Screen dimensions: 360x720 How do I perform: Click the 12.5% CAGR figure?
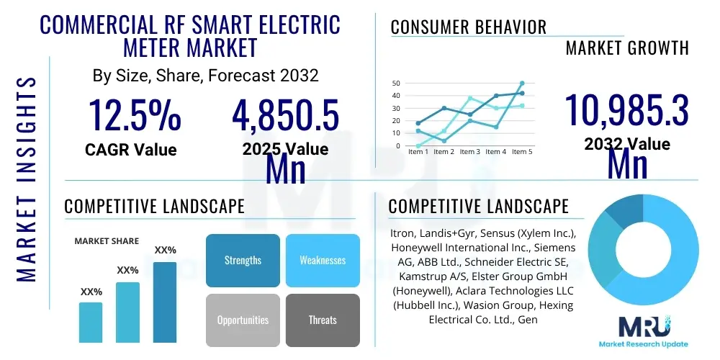pos(135,115)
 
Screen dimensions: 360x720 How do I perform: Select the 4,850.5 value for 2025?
pos(285,115)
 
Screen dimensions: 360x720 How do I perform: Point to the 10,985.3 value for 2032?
pos(626,112)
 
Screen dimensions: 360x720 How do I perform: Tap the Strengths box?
pos(243,260)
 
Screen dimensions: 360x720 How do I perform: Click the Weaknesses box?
pos(323,260)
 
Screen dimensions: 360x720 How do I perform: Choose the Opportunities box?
pos(243,320)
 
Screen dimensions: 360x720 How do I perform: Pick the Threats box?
pos(323,320)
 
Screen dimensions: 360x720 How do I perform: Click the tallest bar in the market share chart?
pos(165,302)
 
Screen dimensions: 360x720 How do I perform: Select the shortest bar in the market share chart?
pos(91,322)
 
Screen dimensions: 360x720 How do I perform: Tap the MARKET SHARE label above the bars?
pos(107,241)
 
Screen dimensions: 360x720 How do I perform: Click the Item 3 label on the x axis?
pos(470,152)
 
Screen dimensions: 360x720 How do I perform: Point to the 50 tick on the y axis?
pos(395,84)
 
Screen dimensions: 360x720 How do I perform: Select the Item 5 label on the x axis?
pos(521,152)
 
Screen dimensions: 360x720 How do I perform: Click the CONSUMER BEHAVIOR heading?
pos(469,27)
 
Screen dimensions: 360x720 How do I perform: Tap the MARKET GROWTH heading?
pos(627,48)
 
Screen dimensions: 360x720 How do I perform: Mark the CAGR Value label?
pos(131,150)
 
